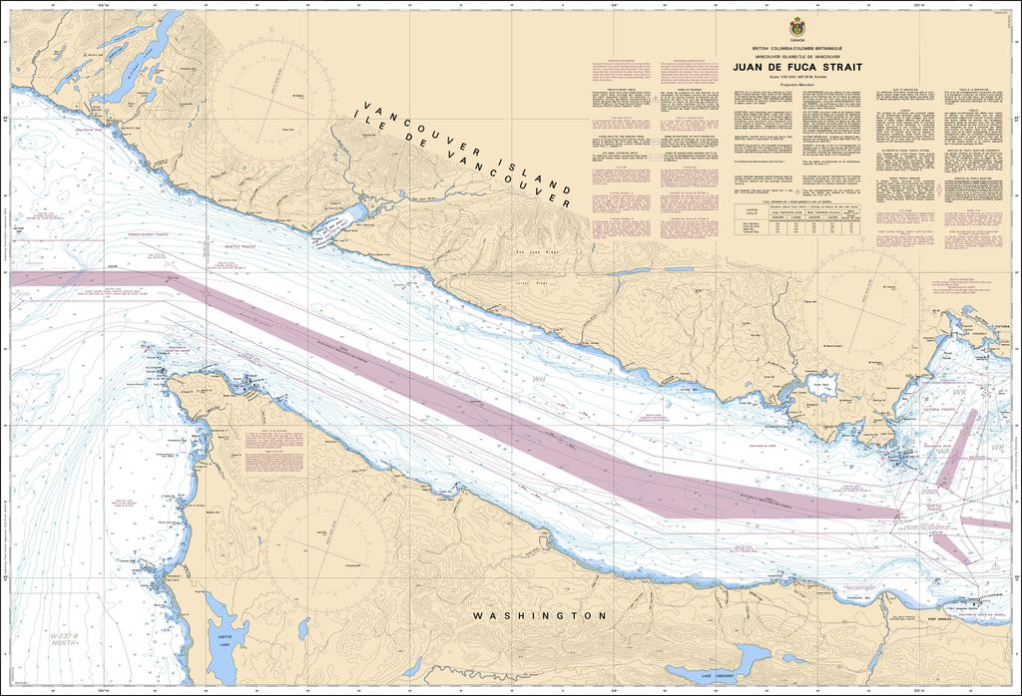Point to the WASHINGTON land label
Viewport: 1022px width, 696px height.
tap(540, 616)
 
